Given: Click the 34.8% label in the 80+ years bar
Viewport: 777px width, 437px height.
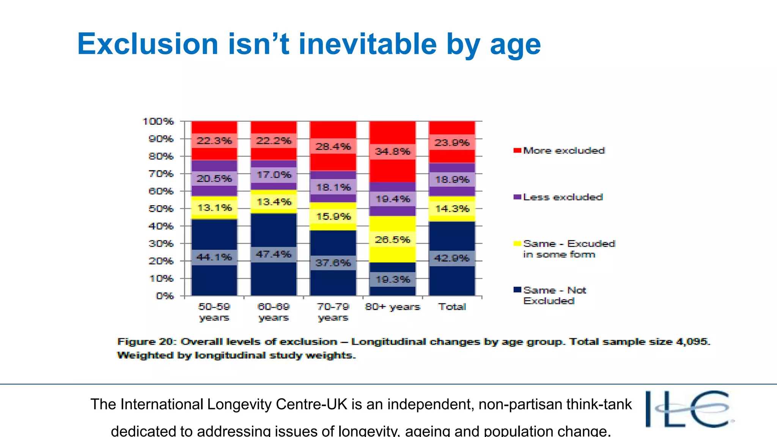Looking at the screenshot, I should point(393,152).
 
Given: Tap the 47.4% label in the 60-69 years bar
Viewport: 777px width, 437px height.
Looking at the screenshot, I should point(274,254).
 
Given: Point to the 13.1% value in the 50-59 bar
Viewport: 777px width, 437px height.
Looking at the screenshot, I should point(214,208).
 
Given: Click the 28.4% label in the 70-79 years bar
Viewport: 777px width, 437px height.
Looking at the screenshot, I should point(333,146).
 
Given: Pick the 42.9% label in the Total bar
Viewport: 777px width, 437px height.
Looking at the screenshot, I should point(452,258).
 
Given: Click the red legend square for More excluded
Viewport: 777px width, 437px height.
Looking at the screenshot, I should point(517,151).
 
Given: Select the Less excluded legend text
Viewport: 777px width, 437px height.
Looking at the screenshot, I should point(563,197).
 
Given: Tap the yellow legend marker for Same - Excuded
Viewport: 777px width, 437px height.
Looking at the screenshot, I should point(517,244).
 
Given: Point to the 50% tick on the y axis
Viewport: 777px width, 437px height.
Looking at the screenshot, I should point(161,209).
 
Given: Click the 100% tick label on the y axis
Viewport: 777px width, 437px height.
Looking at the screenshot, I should point(158,121).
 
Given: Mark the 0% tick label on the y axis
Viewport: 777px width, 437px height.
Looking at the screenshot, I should point(165,296).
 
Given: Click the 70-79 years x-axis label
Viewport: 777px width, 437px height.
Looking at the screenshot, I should point(333,312).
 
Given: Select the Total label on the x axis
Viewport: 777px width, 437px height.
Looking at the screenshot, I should point(452,307).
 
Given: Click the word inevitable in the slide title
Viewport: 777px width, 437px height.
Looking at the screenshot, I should point(367,44).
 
